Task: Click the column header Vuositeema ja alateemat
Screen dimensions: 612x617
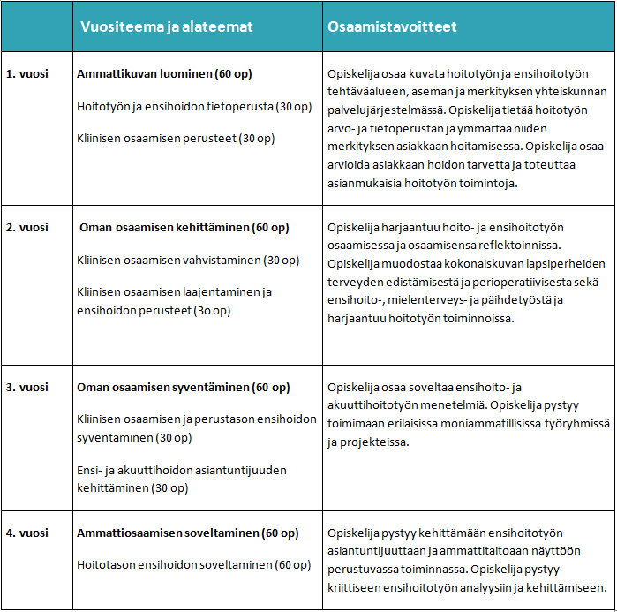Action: [x=167, y=27]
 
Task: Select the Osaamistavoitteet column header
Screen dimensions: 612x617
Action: [x=392, y=27]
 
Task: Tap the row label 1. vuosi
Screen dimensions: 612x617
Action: [x=26, y=75]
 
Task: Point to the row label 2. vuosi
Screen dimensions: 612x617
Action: [x=26, y=227]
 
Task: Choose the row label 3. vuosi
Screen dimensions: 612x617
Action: [x=26, y=388]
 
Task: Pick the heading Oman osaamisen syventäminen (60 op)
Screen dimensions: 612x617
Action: [x=183, y=388]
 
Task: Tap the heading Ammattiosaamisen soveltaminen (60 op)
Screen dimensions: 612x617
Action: [x=187, y=533]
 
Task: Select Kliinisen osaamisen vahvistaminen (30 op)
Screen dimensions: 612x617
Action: [x=188, y=260]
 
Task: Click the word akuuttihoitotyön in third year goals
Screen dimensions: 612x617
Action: [x=375, y=405]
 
